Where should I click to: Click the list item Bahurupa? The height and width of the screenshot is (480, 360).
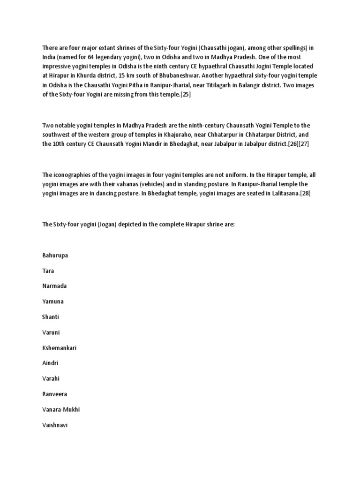point(55,255)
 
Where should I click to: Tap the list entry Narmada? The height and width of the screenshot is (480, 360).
point(54,286)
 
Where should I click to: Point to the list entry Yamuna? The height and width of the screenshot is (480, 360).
point(53,301)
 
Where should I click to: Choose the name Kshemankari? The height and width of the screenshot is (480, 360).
point(59,348)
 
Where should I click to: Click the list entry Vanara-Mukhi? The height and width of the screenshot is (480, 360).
point(61,410)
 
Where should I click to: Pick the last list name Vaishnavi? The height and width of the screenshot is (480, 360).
point(55,425)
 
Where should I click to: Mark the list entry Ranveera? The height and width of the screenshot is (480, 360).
point(54,394)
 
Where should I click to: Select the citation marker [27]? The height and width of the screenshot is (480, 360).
point(304,144)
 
